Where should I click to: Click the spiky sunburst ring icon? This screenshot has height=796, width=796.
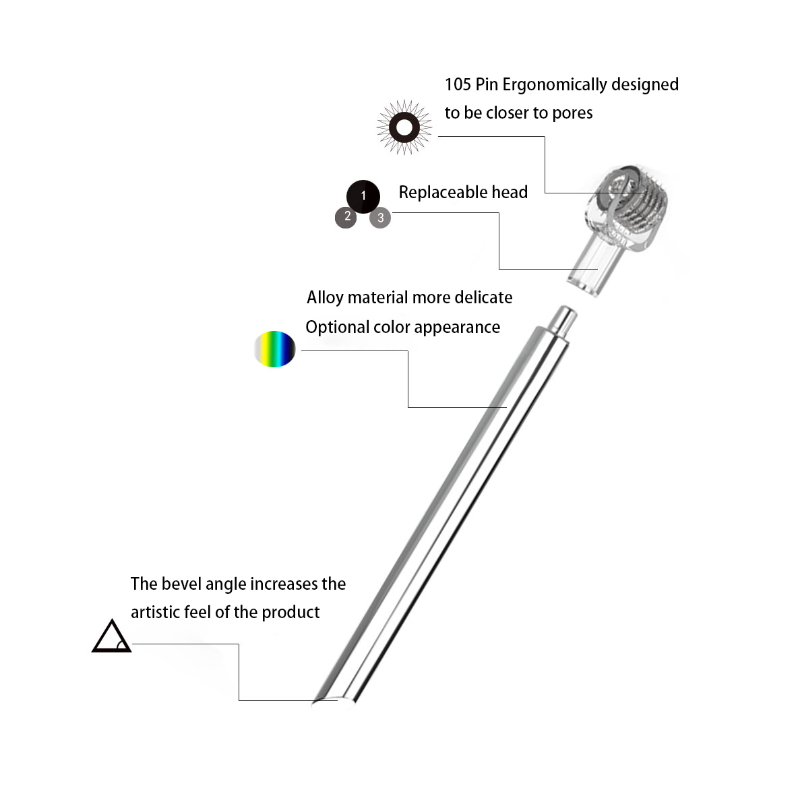coord(404,127)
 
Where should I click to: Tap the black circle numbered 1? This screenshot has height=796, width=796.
coord(363,196)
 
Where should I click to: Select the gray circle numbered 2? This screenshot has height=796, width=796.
coord(346,216)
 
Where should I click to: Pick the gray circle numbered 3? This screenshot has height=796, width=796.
coord(381,217)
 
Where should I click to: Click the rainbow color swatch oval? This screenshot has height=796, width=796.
coord(275,349)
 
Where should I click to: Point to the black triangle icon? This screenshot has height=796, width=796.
coord(111,638)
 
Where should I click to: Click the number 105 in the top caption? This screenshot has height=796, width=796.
coord(458,85)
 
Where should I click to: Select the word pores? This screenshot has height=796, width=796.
coord(572,113)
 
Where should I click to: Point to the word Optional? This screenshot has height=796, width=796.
coord(335,328)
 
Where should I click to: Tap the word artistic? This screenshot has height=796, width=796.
coord(156,612)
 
